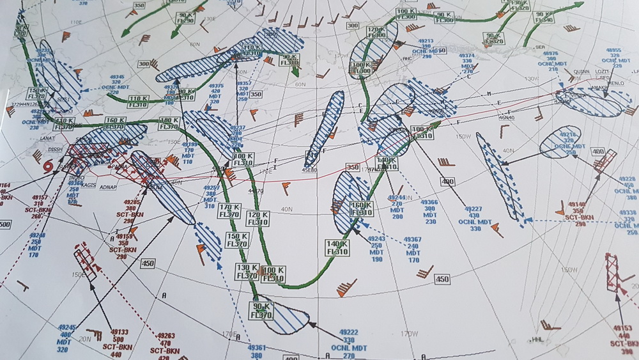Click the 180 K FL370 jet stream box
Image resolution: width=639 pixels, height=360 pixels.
click(169, 123)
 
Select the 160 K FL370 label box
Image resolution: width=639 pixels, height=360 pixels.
click(115, 123)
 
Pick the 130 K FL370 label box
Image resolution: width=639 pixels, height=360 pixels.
click(246, 271)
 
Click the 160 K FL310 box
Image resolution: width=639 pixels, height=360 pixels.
click(361, 208)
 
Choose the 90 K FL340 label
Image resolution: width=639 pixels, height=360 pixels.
click(544, 18)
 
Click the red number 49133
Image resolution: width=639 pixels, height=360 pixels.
click(119, 332)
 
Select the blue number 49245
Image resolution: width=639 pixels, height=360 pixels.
click(66, 327)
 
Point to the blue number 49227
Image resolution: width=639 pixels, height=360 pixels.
click(473, 209)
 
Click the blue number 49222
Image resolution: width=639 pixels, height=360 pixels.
click(348, 332)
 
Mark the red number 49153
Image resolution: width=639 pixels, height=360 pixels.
click(622, 328)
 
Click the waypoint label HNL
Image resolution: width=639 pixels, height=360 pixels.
click(537, 340)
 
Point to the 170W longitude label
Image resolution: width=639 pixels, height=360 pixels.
click(409, 333)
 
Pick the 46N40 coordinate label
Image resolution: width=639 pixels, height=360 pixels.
click(505, 118)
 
